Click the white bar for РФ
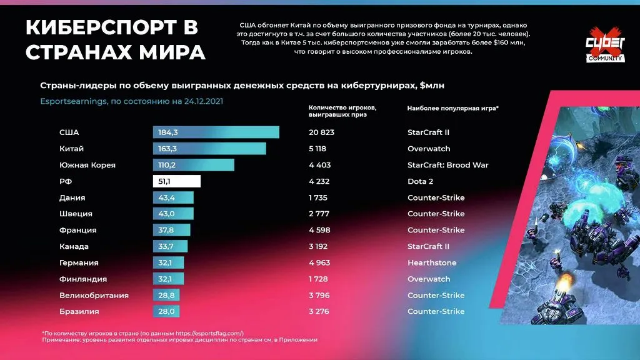(176, 181)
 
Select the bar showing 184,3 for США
(216, 132)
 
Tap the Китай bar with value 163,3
(209, 149)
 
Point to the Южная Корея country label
(87, 165)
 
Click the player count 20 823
(321, 132)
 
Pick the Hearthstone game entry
(432, 262)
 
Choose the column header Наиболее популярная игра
(452, 108)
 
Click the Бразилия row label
(79, 311)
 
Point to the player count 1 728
(319, 279)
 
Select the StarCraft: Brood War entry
(447, 165)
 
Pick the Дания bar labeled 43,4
(173, 197)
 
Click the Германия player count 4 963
(319, 262)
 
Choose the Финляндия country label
(83, 279)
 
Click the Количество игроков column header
(337, 111)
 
